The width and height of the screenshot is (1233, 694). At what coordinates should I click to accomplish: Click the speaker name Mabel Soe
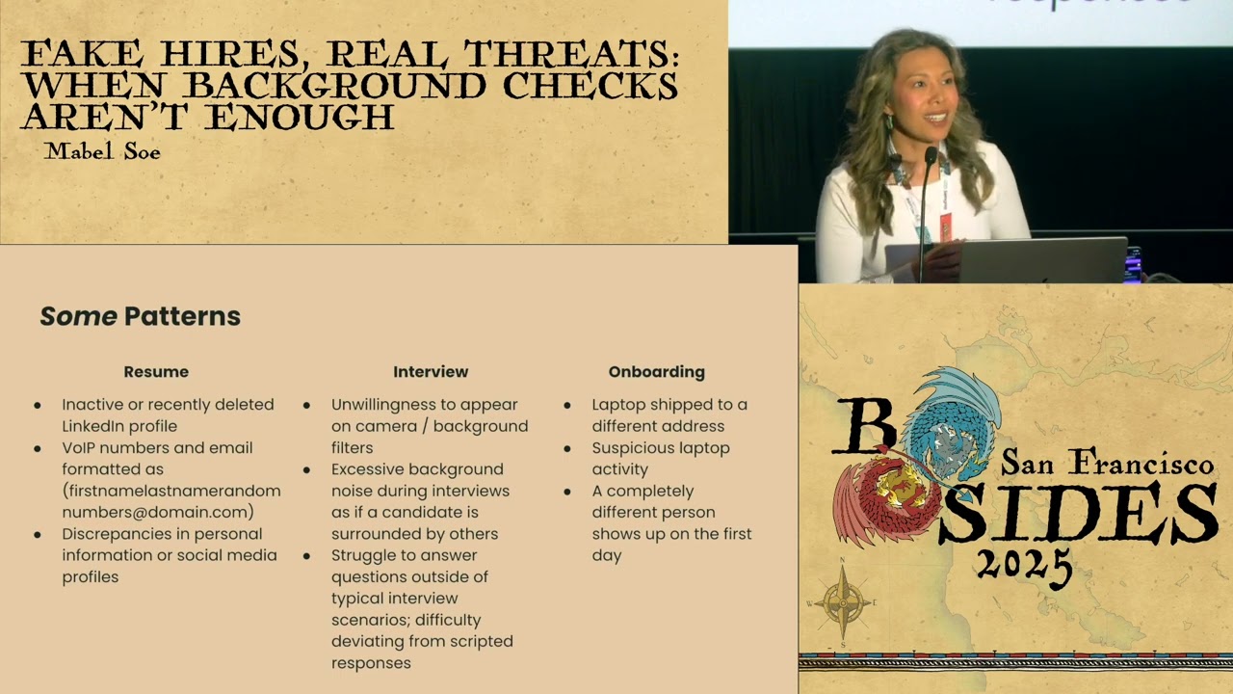click(x=102, y=151)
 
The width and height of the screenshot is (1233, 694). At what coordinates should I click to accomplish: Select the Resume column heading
click(x=156, y=372)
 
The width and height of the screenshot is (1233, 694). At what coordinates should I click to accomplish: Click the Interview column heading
click(x=431, y=372)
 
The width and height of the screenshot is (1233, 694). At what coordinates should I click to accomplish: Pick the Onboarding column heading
click(x=656, y=372)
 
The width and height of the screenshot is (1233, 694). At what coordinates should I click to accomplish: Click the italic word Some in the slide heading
click(x=78, y=316)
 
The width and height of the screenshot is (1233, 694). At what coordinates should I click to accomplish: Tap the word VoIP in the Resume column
click(x=82, y=447)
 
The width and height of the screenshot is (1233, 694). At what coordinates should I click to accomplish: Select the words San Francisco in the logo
click(x=1107, y=464)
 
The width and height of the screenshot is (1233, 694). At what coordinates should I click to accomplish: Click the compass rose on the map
click(x=844, y=603)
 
